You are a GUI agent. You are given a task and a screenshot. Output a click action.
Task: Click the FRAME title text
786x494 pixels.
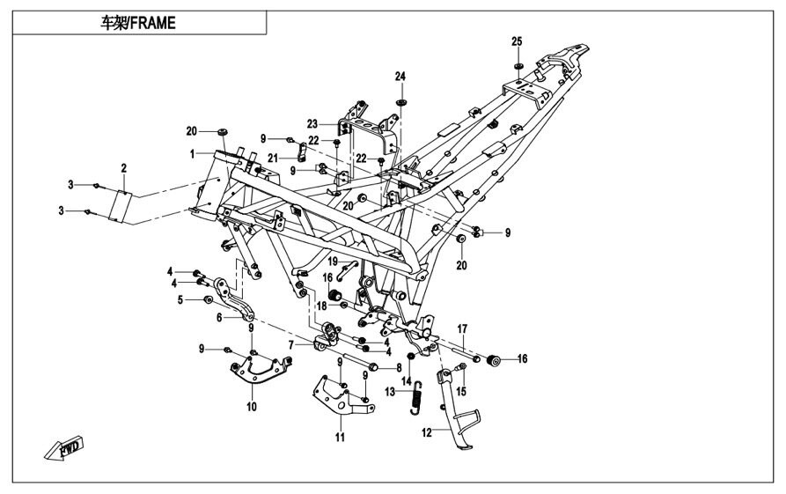click(x=138, y=24)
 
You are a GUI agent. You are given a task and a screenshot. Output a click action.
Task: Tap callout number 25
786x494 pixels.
click(x=517, y=42)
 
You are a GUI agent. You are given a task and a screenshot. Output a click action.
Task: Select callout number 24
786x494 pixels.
click(x=400, y=77)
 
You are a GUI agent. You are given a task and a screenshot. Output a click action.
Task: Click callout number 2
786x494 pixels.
click(x=124, y=167)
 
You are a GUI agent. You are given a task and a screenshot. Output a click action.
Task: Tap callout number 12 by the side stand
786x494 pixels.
click(x=428, y=432)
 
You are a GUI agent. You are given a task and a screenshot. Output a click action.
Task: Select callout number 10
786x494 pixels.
click(x=251, y=407)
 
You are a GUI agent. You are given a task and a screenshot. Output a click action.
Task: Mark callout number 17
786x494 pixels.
click(x=460, y=328)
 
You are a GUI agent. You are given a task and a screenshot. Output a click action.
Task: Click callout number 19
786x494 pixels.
click(x=334, y=261)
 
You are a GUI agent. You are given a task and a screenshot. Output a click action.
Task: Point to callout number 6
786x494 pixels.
click(x=208, y=316)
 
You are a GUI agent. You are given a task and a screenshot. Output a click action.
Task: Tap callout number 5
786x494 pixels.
click(x=182, y=300)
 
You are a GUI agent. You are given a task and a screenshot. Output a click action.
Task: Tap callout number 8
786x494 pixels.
click(x=398, y=367)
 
